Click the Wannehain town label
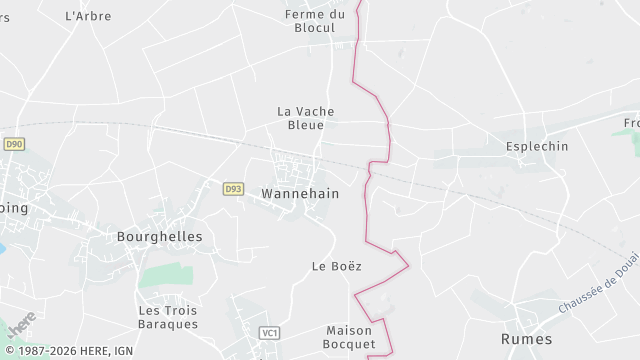pyautogui.click(x=300, y=193)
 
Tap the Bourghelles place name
pyautogui.click(x=160, y=237)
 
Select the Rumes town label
pyautogui.click(x=526, y=339)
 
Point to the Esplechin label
pyautogui.click(x=537, y=146)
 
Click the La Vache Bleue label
pyautogui.click(x=305, y=118)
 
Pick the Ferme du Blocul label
pyautogui.click(x=314, y=21)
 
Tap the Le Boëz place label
pyautogui.click(x=336, y=266)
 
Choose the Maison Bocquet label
pyautogui.click(x=350, y=337)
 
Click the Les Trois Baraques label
pyautogui.click(x=168, y=317)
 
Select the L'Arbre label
pyautogui.click(x=88, y=16)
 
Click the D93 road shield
pyautogui.click(x=233, y=188)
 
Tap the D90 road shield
pyautogui.click(x=13, y=144)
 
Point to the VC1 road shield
pyautogui.click(x=268, y=333)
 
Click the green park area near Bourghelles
pyautogui.click(x=166, y=276)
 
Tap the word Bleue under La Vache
pyautogui.click(x=305, y=126)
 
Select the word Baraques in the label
pyautogui.click(x=168, y=324)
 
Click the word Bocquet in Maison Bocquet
pyautogui.click(x=350, y=344)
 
